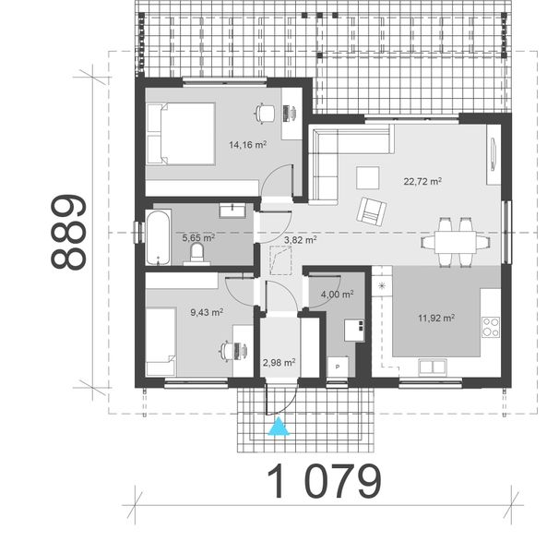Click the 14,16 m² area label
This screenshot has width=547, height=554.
coord(248,144)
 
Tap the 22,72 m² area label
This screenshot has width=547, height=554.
coord(422,182)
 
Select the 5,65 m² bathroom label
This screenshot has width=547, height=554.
coord(198,237)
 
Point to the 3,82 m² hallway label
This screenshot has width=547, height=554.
coord(300,239)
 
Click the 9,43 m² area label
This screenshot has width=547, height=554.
coord(207,312)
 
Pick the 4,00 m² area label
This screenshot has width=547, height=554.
coord(337,295)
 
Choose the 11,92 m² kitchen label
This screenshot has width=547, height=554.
coord(435,319)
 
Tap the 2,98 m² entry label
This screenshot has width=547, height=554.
coord(278,363)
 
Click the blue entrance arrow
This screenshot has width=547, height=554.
coord(276,428)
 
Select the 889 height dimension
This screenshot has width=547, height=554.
coord(68,231)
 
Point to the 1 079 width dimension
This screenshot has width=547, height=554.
coord(324,481)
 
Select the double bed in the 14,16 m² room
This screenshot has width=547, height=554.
coord(181,134)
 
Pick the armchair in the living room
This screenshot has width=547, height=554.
coord(372,211)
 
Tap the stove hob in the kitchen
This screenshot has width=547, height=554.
coord(491,326)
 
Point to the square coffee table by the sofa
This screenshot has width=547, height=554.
coord(367,175)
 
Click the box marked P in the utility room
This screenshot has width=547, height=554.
coord(339,367)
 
